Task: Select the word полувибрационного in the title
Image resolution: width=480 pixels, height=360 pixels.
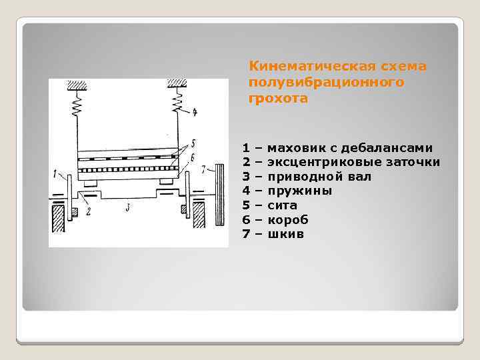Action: coord(326,83)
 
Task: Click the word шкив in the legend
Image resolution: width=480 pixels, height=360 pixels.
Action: coord(285,235)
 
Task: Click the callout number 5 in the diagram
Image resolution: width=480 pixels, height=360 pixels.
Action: coord(192,142)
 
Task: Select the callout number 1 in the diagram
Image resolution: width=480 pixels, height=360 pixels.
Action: coord(55,174)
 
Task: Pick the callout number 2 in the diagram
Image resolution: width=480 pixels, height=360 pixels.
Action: coord(87,212)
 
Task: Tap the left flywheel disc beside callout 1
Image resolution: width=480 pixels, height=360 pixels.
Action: coord(68,195)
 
